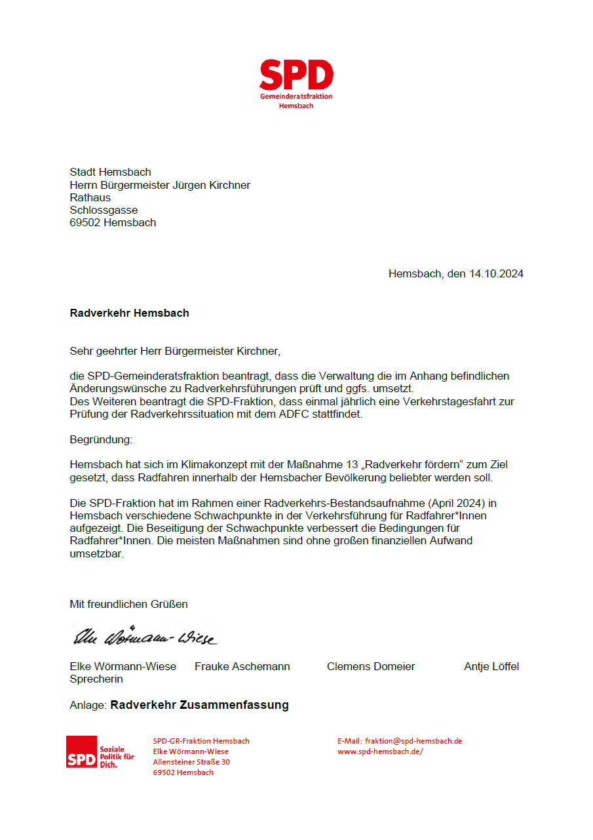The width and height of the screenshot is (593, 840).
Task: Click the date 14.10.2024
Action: click(496, 274)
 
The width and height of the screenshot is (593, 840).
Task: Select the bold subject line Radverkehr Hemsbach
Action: click(129, 313)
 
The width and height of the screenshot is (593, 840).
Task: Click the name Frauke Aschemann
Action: click(242, 667)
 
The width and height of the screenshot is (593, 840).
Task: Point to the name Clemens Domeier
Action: click(371, 667)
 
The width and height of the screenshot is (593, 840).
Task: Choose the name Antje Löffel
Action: click(491, 667)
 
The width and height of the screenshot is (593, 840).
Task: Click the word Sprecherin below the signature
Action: click(96, 679)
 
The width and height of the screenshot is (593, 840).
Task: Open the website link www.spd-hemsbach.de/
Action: click(380, 751)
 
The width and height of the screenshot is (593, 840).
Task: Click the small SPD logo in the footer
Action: click(81, 752)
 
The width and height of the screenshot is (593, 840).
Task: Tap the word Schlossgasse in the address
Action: click(104, 210)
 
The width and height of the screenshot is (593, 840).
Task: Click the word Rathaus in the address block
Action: click(90, 197)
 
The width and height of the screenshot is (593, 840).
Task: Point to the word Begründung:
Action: click(101, 439)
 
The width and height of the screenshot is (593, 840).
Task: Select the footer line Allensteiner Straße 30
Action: click(191, 762)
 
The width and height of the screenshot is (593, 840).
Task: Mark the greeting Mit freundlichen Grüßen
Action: click(128, 604)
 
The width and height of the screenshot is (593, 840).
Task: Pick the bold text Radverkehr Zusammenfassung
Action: click(199, 706)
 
